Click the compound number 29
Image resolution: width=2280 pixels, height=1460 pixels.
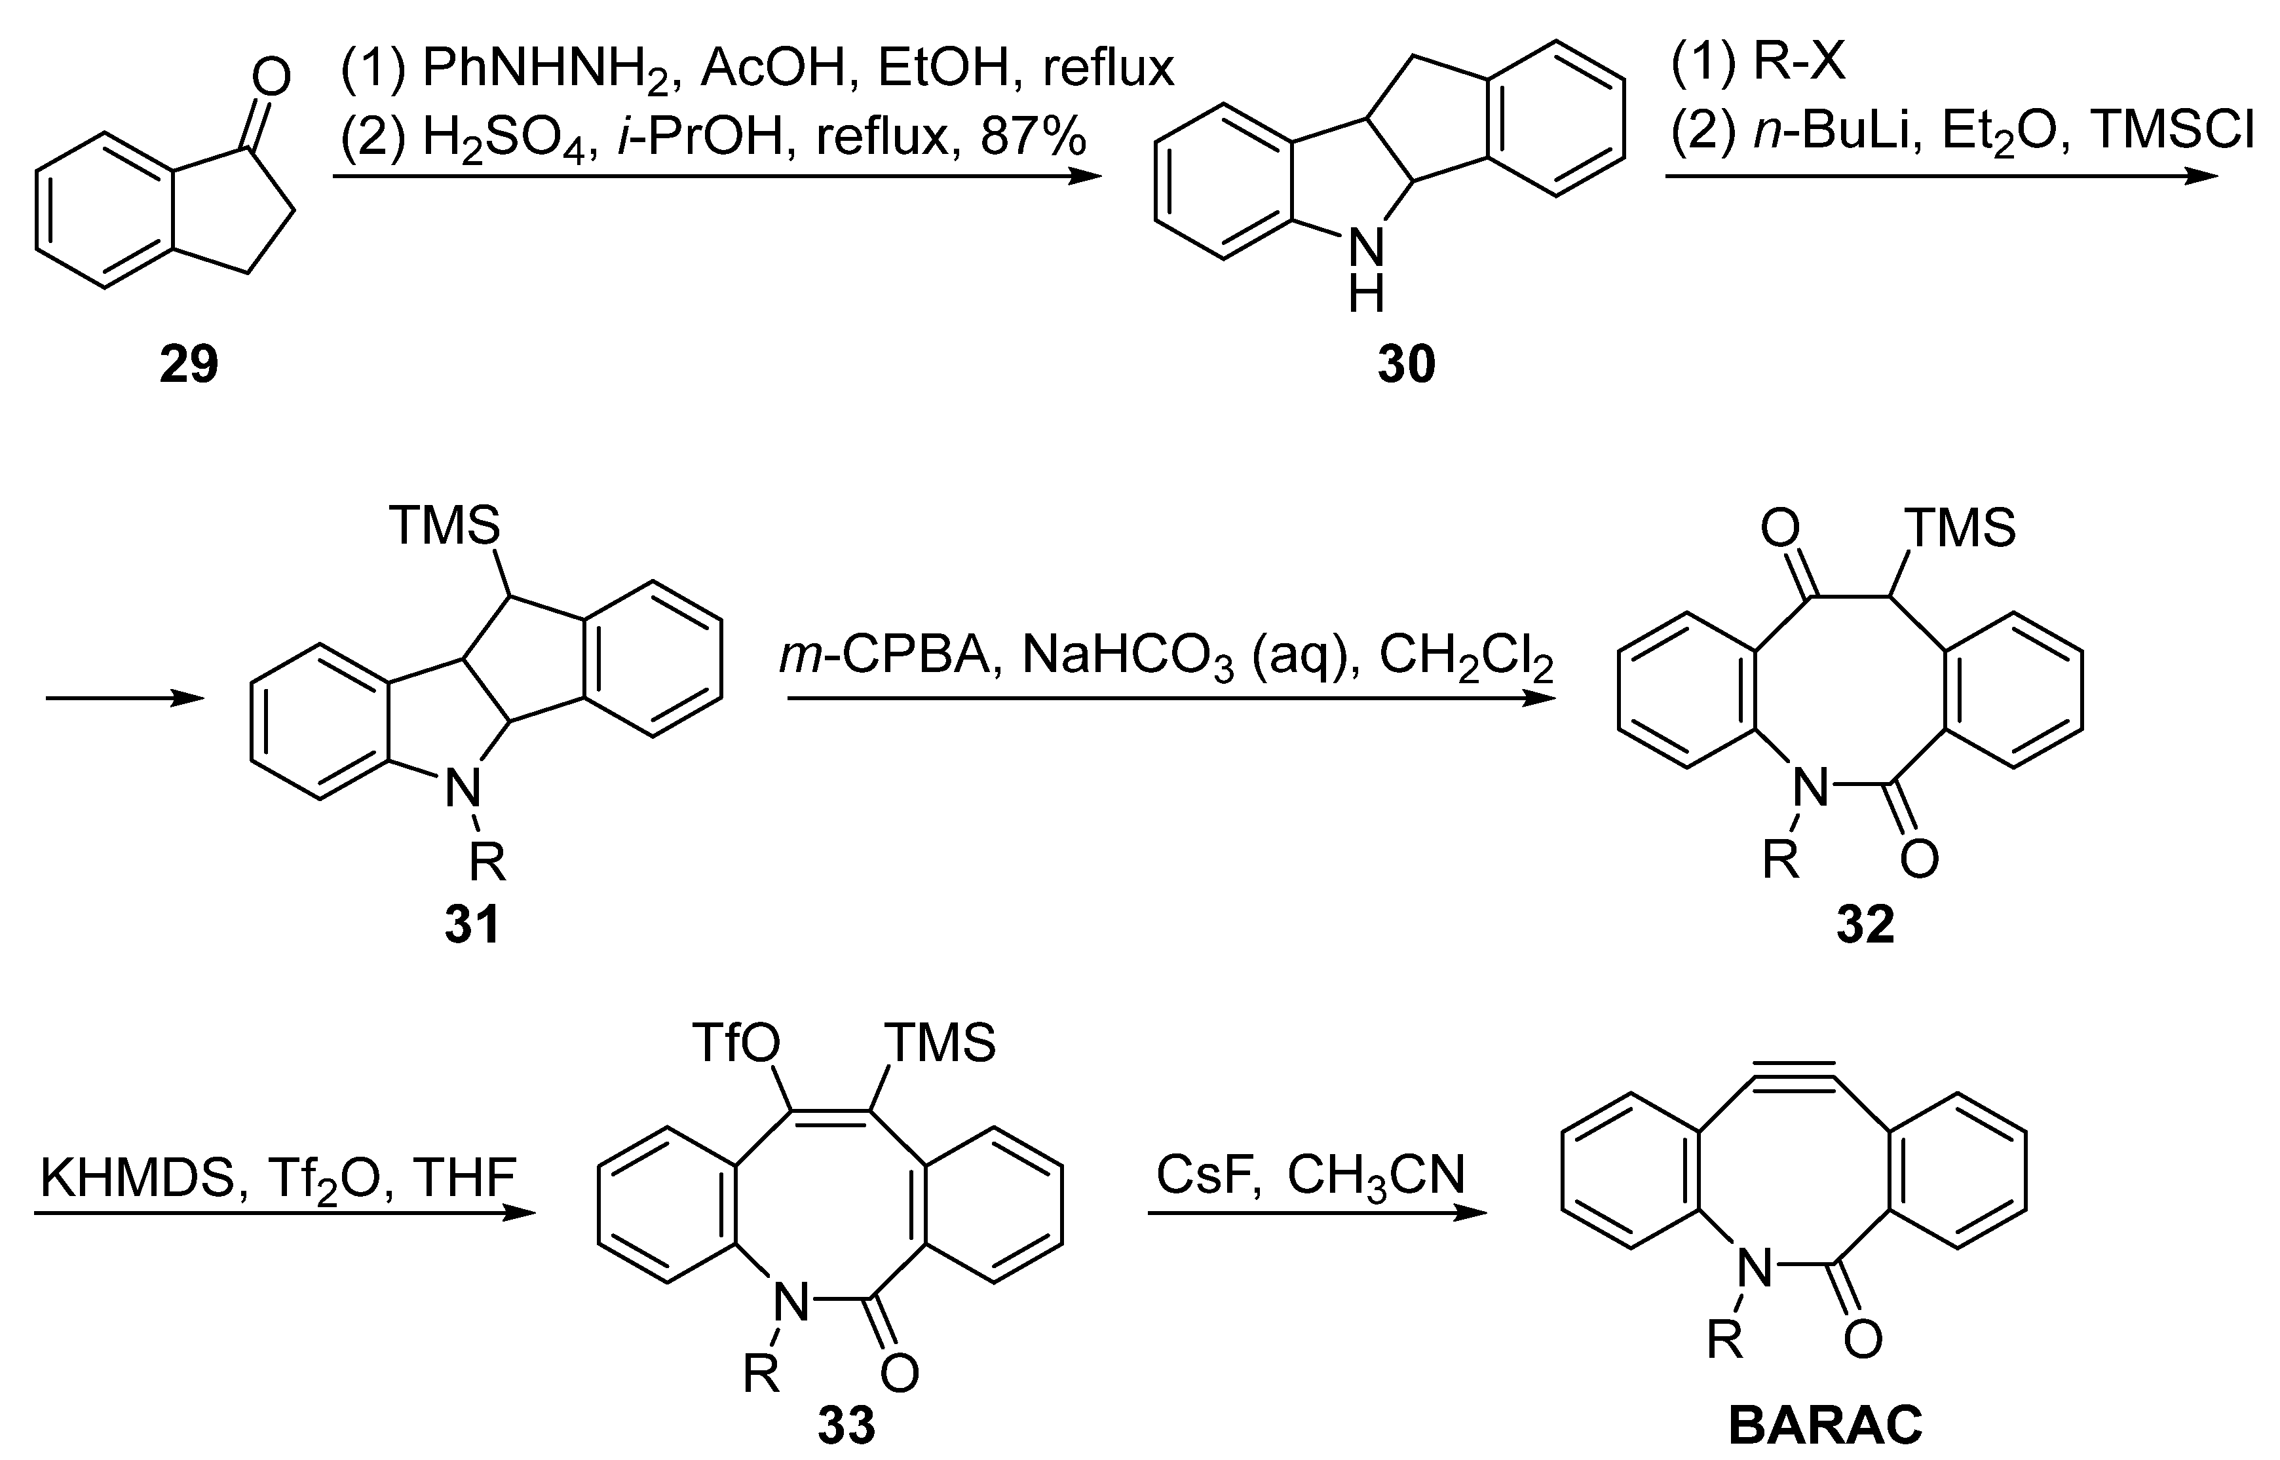click(189, 365)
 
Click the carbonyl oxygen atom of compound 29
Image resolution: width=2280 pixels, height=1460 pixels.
click(272, 78)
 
